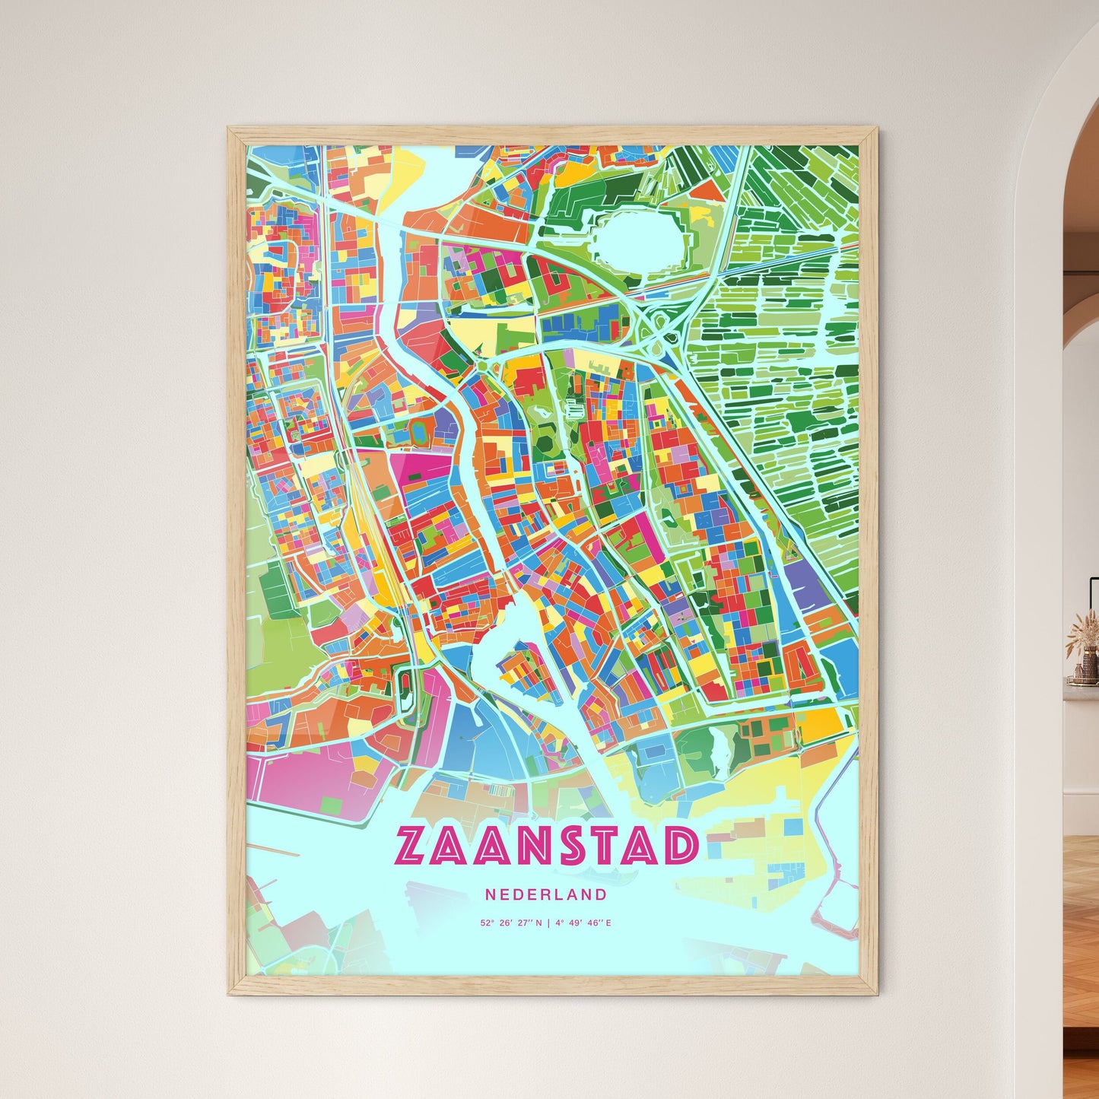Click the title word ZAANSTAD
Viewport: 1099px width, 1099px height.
[x=547, y=846]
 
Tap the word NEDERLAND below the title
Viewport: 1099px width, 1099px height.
[x=547, y=895]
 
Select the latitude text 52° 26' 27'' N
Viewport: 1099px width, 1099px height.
[x=511, y=923]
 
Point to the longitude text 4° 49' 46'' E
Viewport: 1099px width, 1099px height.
[x=583, y=923]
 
